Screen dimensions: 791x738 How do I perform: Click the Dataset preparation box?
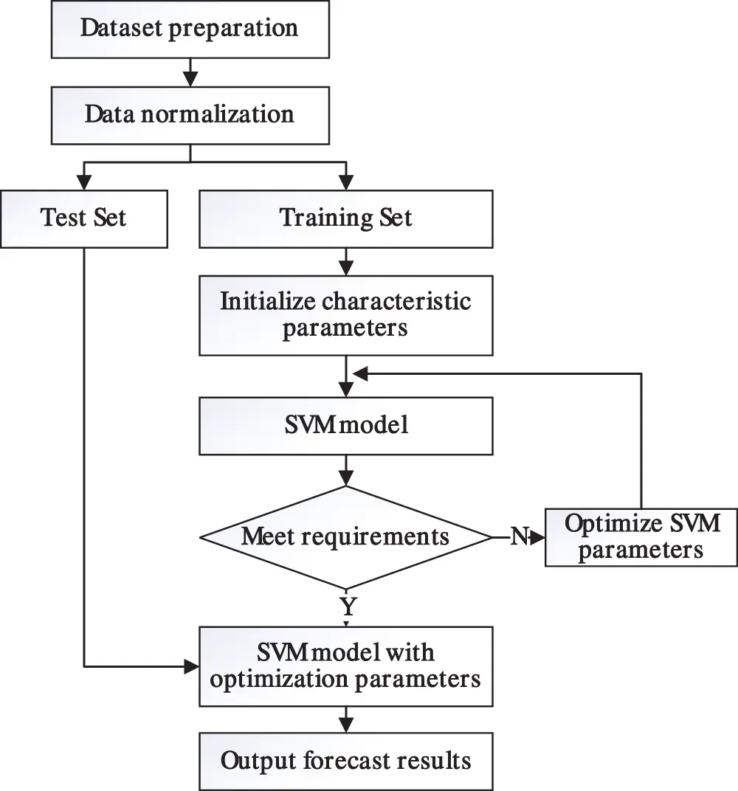coord(190,30)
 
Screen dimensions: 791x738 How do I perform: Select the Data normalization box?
coord(190,115)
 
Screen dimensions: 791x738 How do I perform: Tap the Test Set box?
coord(84,218)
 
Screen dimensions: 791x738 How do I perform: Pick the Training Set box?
coord(345,218)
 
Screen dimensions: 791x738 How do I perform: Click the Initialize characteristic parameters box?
coord(345,315)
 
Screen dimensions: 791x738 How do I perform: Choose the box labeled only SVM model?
coord(345,426)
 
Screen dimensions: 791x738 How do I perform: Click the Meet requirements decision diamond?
coord(345,536)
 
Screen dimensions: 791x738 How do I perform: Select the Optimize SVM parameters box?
coord(641,536)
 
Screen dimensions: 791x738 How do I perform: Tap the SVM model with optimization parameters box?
coord(345,666)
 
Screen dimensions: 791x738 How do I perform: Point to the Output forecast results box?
coord(345,761)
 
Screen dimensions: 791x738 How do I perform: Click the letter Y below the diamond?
coord(347,607)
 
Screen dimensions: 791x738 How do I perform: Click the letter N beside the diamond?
coord(519,537)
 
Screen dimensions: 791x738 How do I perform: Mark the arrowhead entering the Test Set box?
coord(85,182)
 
